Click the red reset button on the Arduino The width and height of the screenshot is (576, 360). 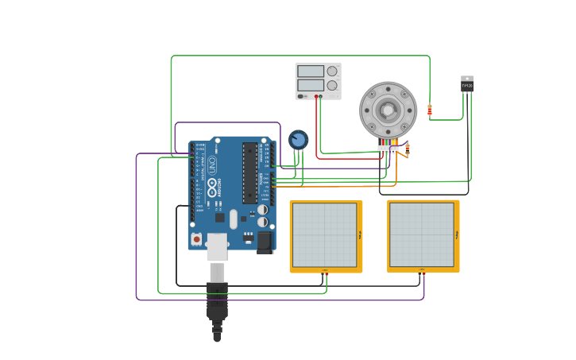pyautogui.click(x=196, y=238)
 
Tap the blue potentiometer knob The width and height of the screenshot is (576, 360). pyautogui.click(x=298, y=140)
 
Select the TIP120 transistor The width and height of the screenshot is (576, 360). pyautogui.click(x=467, y=84)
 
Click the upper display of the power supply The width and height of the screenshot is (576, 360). pyautogui.click(x=310, y=71)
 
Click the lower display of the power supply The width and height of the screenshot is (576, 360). pyautogui.click(x=310, y=85)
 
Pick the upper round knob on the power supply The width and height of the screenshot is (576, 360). pyautogui.click(x=332, y=71)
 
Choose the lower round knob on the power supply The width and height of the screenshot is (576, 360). pyautogui.click(x=332, y=85)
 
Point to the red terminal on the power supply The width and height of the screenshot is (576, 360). pyautogui.click(x=316, y=96)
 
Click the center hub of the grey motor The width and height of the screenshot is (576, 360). pyautogui.click(x=388, y=110)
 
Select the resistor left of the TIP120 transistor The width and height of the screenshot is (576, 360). pyautogui.click(x=430, y=110)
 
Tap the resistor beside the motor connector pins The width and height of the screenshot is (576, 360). pyautogui.click(x=408, y=147)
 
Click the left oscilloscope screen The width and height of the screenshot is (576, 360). pyautogui.click(x=324, y=235)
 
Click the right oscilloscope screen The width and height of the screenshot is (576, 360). pyautogui.click(x=421, y=235)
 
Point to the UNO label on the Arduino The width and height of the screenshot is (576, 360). pyautogui.click(x=212, y=165)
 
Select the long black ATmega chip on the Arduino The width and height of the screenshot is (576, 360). pyautogui.click(x=249, y=172)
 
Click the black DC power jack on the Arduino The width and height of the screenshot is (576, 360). pyautogui.click(x=265, y=242)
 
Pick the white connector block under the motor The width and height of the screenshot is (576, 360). pyautogui.click(x=388, y=149)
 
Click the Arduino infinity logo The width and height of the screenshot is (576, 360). pyautogui.click(x=212, y=188)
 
